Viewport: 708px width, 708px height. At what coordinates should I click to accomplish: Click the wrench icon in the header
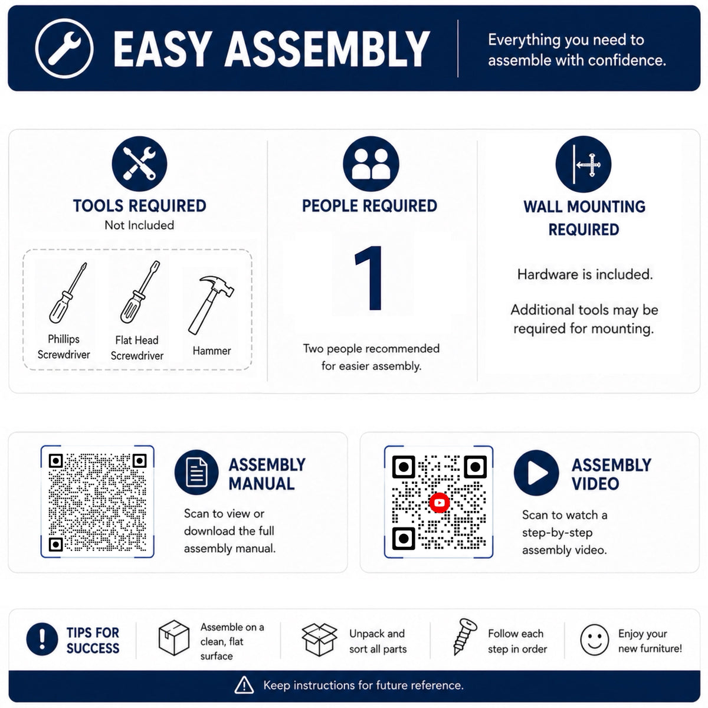64,48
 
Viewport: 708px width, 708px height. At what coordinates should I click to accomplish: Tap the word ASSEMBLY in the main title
327,49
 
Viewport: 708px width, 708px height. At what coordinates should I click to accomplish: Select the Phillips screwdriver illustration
68,293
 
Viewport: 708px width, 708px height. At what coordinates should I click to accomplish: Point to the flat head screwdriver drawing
140,291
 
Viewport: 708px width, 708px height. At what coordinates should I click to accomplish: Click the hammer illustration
211,305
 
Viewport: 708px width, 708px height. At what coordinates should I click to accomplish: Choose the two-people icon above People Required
371,164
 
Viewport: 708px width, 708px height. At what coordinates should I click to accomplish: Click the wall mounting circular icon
584,164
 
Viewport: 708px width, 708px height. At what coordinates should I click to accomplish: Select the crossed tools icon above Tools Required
139,163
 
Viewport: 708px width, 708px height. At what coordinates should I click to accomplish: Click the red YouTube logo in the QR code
440,503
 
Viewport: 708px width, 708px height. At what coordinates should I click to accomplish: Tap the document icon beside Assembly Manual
196,472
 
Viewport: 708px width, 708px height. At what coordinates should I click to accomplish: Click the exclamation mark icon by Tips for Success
42,640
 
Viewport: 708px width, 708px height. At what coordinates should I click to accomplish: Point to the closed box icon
174,638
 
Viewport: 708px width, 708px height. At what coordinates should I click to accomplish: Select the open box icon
319,640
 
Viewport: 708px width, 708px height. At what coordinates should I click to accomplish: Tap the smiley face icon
595,640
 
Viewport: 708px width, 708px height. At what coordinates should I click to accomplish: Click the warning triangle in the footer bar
244,685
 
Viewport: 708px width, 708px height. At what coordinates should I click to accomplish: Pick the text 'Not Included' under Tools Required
139,225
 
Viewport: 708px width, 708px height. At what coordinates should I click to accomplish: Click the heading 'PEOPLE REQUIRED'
369,206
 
